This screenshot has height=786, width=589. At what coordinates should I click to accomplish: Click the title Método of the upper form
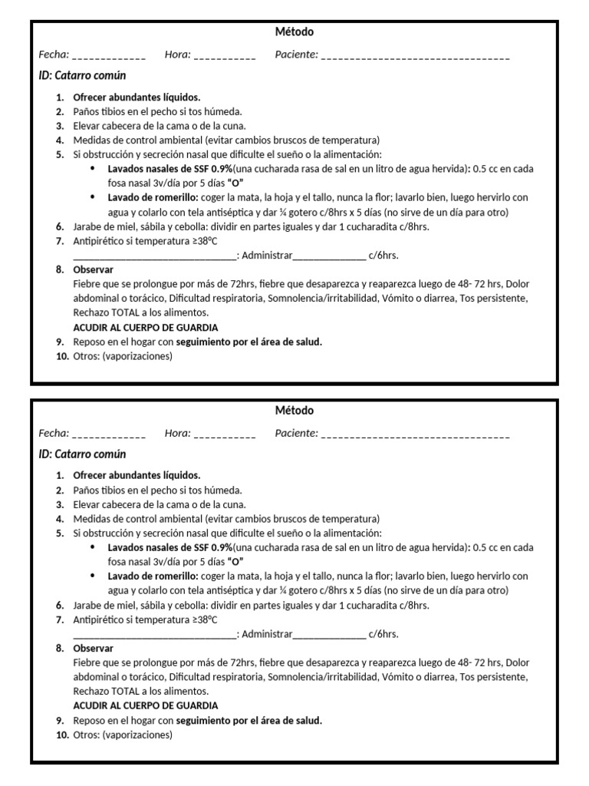[294, 32]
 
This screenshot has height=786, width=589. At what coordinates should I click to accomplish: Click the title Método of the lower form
[294, 411]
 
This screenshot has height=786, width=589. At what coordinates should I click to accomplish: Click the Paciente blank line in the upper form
[415, 56]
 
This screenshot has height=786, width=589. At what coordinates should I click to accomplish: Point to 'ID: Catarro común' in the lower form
[83, 454]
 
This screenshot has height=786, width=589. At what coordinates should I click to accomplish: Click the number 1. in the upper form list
[60, 97]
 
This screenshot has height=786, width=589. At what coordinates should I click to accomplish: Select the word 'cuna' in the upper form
[232, 126]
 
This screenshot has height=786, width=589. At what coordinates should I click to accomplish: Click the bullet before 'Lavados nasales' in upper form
[94, 169]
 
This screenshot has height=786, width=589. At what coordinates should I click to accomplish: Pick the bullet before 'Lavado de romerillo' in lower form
[94, 576]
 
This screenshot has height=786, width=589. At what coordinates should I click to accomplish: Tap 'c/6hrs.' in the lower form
[383, 634]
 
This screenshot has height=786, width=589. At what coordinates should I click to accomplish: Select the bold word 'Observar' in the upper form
[93, 270]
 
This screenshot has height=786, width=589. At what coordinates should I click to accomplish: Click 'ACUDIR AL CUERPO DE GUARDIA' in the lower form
[145, 705]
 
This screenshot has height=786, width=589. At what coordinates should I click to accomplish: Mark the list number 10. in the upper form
[62, 356]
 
